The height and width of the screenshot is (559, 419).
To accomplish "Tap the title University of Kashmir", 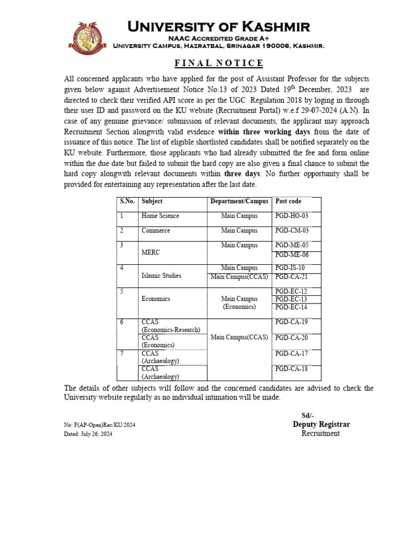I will [218, 26].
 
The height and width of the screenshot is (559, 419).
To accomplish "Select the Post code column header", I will [288, 201].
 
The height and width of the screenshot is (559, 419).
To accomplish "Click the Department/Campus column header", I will [240, 201].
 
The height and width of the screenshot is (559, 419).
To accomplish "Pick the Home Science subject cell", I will [160, 216].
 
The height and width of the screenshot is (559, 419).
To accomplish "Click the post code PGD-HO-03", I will [292, 216].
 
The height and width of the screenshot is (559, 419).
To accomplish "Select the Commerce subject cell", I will [155, 231].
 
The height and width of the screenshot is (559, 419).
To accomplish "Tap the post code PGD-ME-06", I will [292, 255].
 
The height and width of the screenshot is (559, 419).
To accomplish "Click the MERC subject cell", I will [151, 253].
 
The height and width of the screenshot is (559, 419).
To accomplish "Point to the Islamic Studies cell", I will [161, 276].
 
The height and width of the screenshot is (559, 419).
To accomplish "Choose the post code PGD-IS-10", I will [290, 268].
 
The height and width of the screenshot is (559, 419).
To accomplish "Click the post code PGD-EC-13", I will [292, 299].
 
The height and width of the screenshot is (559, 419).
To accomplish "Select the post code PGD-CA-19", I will [292, 322].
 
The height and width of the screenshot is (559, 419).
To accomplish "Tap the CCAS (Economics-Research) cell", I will [171, 326].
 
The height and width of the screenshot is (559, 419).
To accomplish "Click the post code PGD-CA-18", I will [292, 369].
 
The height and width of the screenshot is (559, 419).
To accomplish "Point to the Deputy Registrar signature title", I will [321, 424].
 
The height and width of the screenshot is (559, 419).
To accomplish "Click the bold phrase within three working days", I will [264, 132].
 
